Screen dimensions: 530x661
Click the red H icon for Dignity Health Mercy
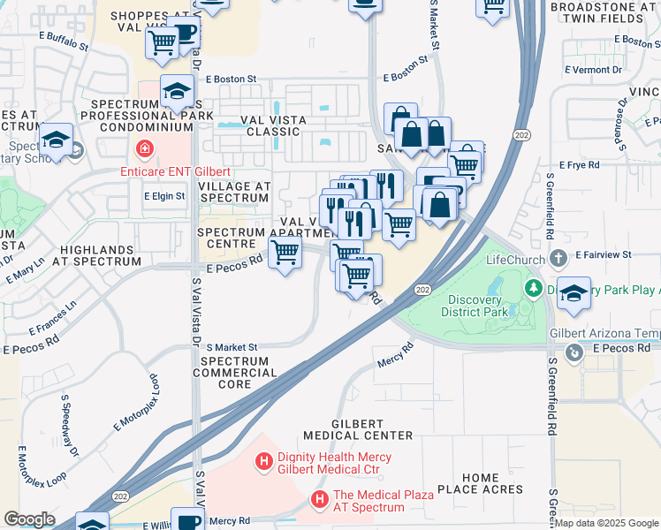click(x=262, y=460)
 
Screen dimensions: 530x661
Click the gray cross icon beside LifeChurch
click(x=558, y=259)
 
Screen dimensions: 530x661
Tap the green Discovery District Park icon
click(x=534, y=288)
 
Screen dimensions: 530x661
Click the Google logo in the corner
click(x=29, y=519)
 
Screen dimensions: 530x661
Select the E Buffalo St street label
click(x=63, y=42)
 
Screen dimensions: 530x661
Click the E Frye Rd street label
click(x=580, y=164)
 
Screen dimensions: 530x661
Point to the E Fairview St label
click(x=603, y=254)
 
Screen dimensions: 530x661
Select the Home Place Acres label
click(x=480, y=484)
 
